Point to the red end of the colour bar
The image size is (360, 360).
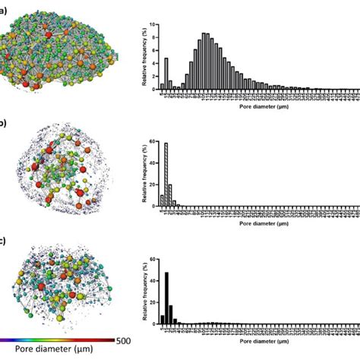tap(112, 341)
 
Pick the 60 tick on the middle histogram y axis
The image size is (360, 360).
tap(153, 142)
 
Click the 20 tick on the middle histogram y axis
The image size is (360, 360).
tap(153, 185)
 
